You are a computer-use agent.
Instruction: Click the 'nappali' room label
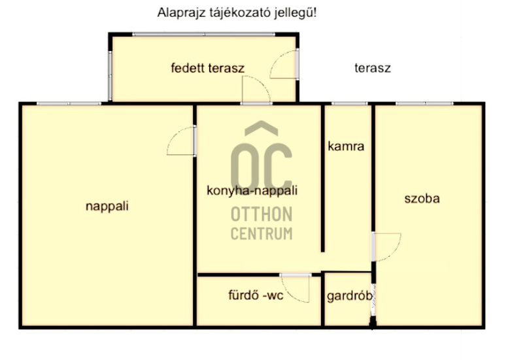pos(107,206)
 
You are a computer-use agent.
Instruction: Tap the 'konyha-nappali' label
pos(252,191)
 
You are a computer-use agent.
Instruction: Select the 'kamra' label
pos(346,146)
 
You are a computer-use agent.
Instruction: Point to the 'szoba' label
pos(422,199)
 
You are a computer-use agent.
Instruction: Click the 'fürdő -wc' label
pos(256,295)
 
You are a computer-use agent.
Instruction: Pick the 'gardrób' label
pos(350,296)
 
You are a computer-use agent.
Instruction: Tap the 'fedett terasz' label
pos(208,68)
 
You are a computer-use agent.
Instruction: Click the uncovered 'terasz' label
pos(373,68)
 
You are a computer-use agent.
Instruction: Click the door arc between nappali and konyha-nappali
pos(173,136)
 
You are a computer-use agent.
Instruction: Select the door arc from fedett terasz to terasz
pos(275,59)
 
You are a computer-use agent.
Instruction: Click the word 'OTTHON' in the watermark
pos(261,214)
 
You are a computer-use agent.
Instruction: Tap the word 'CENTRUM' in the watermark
pos(261,233)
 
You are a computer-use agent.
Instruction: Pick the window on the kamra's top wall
pos(349,104)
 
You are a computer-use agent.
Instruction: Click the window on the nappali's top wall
pos(69,104)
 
